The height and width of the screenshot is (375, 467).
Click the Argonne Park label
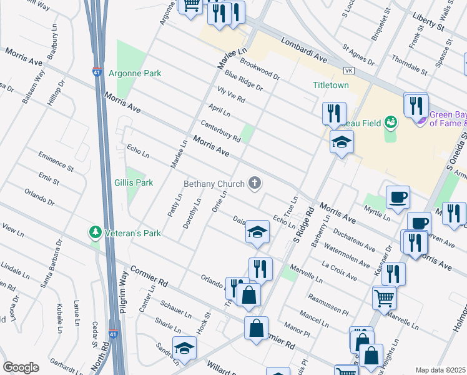click(x=135, y=74)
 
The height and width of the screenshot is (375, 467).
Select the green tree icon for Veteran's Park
click(x=96, y=233)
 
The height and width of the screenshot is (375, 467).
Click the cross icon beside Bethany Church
click(x=254, y=183)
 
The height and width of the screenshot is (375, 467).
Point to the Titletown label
click(x=331, y=85)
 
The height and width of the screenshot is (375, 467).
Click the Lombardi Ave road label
click(x=304, y=49)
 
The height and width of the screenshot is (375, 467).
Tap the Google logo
click(x=21, y=367)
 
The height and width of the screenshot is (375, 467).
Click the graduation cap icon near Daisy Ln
click(x=257, y=232)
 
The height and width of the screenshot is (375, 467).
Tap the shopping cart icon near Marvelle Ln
click(x=384, y=297)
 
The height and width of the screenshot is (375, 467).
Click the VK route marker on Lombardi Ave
click(x=348, y=70)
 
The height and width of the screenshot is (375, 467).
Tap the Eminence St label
click(x=56, y=160)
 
